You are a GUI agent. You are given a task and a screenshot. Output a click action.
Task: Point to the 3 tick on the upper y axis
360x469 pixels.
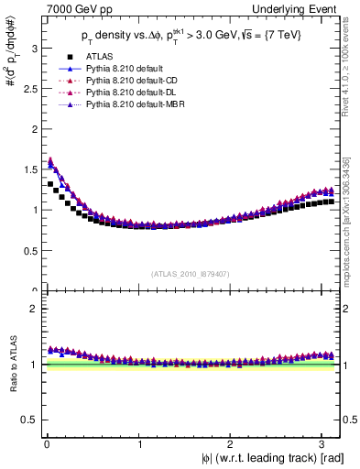(34, 46)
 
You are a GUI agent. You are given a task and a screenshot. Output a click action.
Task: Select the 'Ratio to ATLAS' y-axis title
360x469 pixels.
(12, 366)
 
